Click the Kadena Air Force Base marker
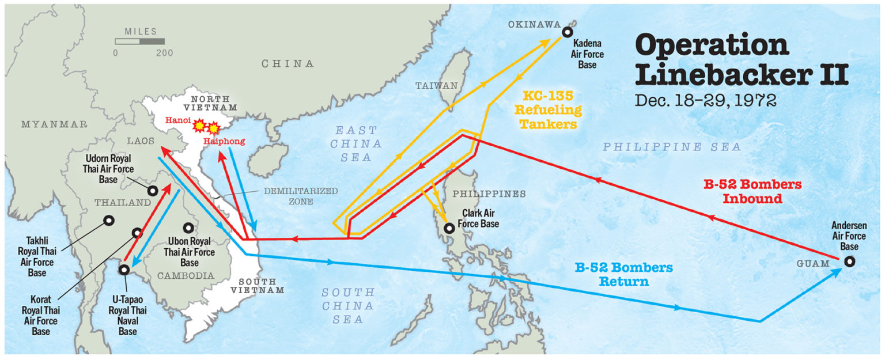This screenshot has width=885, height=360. click(568, 33)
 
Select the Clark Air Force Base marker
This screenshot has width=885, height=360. click(449, 228)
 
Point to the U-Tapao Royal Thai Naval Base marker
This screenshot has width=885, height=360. click(124, 269)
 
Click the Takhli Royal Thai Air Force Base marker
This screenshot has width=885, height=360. click(108, 220)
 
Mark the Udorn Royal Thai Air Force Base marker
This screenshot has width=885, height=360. click(153, 191)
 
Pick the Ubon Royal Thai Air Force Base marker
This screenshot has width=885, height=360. click(188, 228)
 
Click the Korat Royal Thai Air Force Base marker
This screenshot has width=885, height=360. click(137, 233)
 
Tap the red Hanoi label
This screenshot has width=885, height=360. click(176, 121)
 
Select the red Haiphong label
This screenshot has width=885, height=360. click(224, 141)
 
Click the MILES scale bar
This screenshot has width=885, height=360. click(139, 41)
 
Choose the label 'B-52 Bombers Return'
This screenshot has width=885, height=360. click(623, 275)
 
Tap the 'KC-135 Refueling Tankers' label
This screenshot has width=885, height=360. click(552, 109)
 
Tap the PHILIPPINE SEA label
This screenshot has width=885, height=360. click(672, 147)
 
